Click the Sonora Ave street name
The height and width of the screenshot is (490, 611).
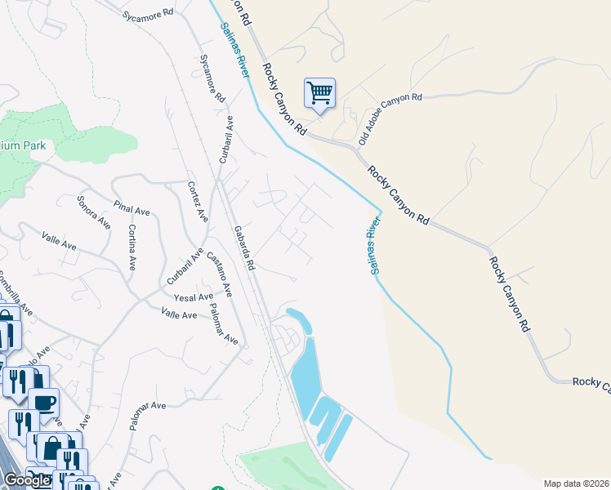tap(93, 212)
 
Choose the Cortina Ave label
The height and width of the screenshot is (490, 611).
tap(132, 247)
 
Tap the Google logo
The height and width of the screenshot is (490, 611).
tap(27, 480)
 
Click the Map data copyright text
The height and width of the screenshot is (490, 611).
tap(577, 483)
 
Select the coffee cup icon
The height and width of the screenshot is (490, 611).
tap(43, 401)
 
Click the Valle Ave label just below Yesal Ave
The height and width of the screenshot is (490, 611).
tap(179, 314)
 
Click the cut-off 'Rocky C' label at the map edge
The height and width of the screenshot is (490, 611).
tap(591, 382)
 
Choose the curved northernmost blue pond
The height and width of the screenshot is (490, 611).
tap(299, 321)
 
